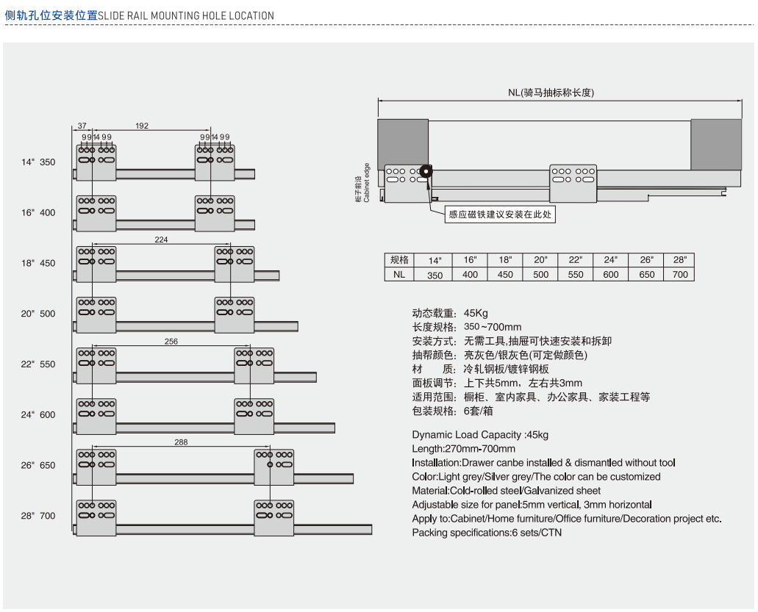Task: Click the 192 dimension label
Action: click(x=142, y=126)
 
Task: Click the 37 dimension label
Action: click(x=82, y=126)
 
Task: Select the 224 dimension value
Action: click(x=161, y=240)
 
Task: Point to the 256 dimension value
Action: click(x=171, y=342)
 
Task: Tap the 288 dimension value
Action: click(x=181, y=442)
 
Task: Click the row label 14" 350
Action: click(x=38, y=162)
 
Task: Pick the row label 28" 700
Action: click(x=38, y=516)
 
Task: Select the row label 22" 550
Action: click(x=38, y=364)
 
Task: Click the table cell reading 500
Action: click(x=540, y=275)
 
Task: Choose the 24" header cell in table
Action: click(x=610, y=260)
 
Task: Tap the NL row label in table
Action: click(x=399, y=274)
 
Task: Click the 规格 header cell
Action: click(x=399, y=260)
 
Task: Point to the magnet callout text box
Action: click(x=501, y=215)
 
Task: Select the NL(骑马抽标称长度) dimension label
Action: click(x=561, y=93)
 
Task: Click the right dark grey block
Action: click(x=715, y=144)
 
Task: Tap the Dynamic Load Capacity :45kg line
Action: click(x=480, y=435)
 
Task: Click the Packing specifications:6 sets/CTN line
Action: click(x=487, y=533)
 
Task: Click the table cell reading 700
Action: click(x=680, y=275)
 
